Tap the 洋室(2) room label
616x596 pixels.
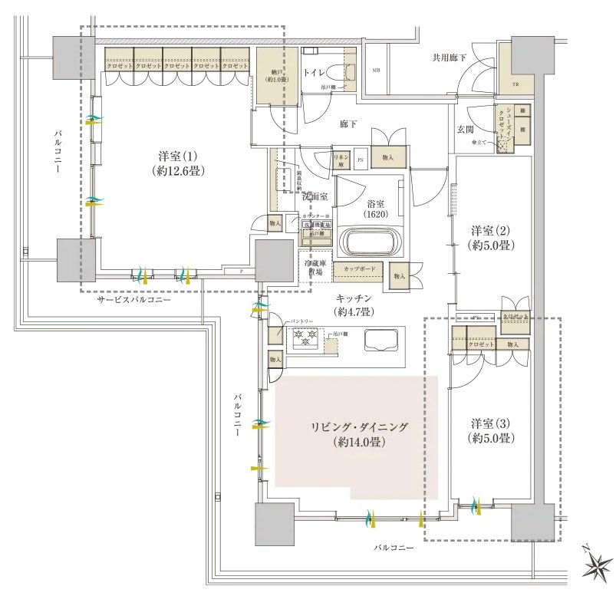(491, 238)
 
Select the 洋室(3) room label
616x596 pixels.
(491, 430)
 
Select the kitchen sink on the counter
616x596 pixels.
(380, 339)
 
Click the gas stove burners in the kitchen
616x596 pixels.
(304, 335)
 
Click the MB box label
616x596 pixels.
(376, 71)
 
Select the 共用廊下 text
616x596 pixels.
(450, 58)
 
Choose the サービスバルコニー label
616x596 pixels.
(133, 300)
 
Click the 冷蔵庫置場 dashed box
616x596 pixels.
(314, 266)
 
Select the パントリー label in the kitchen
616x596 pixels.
(299, 321)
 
